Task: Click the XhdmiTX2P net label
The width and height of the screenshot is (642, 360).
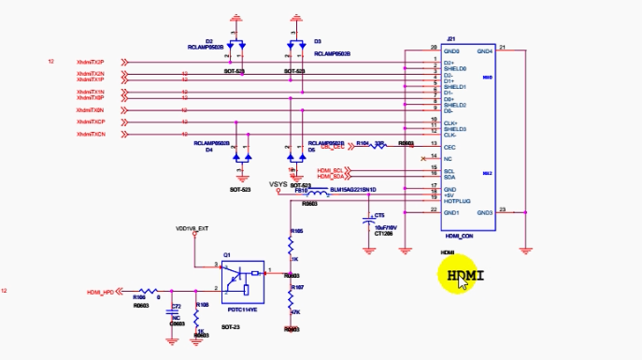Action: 90,62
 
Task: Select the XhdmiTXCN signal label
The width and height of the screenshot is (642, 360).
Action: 90,135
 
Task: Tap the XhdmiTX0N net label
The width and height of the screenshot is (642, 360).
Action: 90,110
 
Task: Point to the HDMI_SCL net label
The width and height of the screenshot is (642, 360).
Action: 331,169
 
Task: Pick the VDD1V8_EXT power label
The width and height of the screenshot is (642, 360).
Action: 192,227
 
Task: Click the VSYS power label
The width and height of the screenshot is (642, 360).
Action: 278,184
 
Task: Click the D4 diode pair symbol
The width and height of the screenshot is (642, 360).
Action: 243,154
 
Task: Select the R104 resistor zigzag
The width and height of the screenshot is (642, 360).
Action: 378,145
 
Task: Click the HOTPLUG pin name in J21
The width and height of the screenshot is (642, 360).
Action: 456,201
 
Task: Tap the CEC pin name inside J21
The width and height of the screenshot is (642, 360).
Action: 449,147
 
